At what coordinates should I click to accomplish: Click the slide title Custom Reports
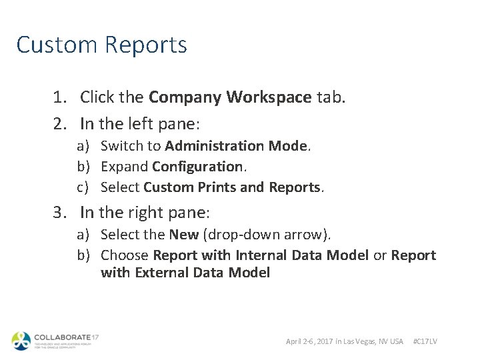pyautogui.click(x=101, y=45)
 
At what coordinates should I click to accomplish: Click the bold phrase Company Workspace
pyautogui.click(x=230, y=97)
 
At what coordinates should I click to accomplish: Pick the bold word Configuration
pyautogui.click(x=197, y=167)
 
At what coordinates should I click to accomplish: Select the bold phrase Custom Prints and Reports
pyautogui.click(x=232, y=187)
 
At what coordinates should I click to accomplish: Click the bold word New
pyautogui.click(x=183, y=235)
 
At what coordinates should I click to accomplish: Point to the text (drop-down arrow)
pyautogui.click(x=266, y=235)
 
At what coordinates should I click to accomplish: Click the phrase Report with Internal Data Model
pyautogui.click(x=261, y=255)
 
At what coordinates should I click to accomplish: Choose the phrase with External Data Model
pyautogui.click(x=185, y=273)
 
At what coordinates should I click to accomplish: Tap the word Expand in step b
pyautogui.click(x=125, y=167)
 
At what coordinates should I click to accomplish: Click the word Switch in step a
pyautogui.click(x=121, y=146)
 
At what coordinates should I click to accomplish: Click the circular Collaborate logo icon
pyautogui.click(x=21, y=340)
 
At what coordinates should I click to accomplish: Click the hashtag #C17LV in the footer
pyautogui.click(x=425, y=341)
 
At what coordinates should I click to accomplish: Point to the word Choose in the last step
pyautogui.click(x=125, y=255)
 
